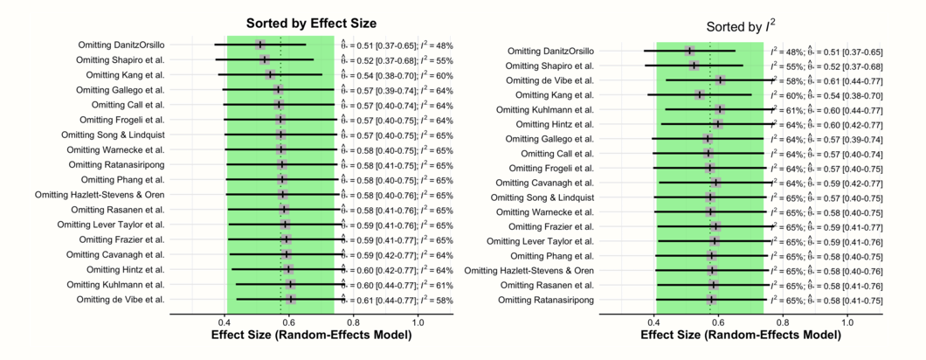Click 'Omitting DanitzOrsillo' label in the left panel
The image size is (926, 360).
[x=121, y=45]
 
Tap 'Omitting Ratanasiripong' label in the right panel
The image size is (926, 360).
[x=546, y=300]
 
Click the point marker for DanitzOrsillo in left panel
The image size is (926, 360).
[x=260, y=45]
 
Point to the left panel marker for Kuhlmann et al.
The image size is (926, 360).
[x=290, y=284]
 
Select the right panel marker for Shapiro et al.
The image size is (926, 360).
[x=694, y=66]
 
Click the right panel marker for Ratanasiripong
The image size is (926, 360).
[x=713, y=300]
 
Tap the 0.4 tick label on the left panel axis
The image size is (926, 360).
[x=224, y=323]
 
